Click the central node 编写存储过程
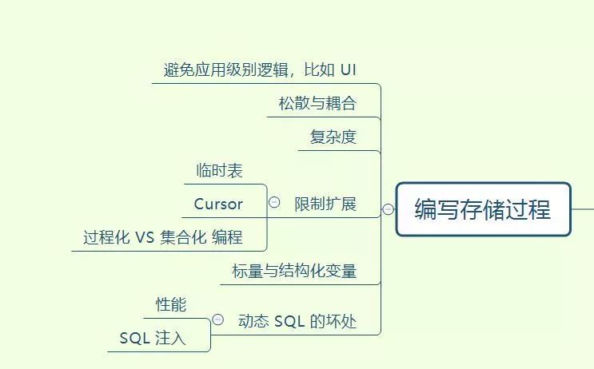click(x=483, y=210)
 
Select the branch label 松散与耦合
click(x=317, y=103)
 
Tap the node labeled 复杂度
click(x=333, y=137)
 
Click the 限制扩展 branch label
click(x=325, y=204)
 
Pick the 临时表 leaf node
click(x=219, y=170)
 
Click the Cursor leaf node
click(x=218, y=204)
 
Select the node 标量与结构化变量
click(x=294, y=271)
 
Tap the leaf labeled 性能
click(x=171, y=304)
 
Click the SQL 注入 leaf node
click(x=153, y=338)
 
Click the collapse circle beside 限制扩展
click(x=274, y=203)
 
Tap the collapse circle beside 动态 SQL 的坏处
click(x=218, y=320)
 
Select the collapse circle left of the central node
click(x=388, y=209)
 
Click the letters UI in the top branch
click(x=348, y=69)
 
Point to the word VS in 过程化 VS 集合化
click(x=144, y=237)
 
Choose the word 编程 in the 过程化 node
click(x=227, y=237)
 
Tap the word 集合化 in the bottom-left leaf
click(x=183, y=237)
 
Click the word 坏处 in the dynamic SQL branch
click(x=341, y=321)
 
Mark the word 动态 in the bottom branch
click(x=254, y=321)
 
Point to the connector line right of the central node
click(x=583, y=209)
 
